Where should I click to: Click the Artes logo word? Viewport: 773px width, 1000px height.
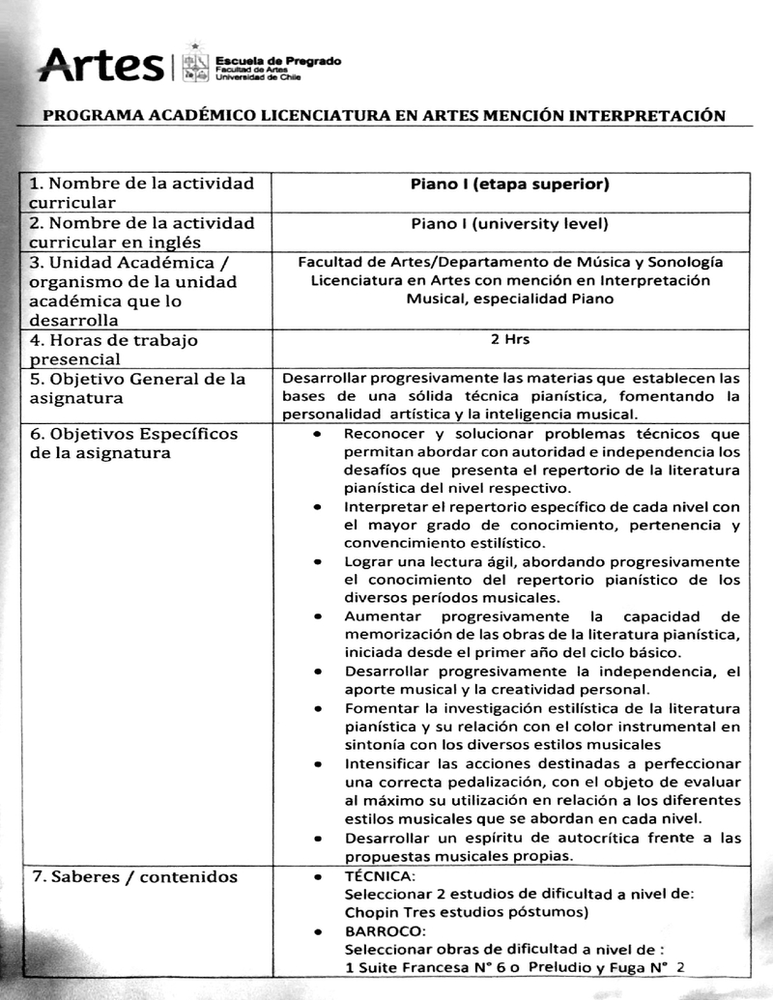(101, 65)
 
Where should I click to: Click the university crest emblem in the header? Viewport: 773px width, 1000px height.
(195, 64)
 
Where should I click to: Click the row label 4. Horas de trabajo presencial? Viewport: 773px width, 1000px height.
(114, 350)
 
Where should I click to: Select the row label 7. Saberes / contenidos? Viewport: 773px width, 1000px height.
(133, 877)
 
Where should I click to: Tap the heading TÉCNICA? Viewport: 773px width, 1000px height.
(380, 876)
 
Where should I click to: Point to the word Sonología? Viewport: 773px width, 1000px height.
(687, 262)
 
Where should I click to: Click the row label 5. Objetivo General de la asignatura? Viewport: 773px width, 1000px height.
(135, 388)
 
